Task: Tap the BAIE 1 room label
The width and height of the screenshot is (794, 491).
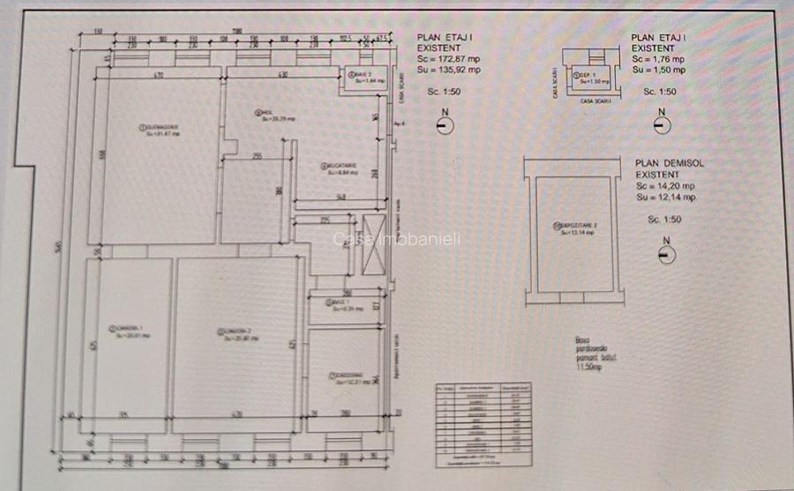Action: pos(344,306)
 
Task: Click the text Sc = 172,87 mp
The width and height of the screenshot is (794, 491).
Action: pos(449,58)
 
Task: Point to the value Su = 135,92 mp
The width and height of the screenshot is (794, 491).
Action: pos(449,69)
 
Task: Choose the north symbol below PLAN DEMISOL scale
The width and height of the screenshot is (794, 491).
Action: pos(666,256)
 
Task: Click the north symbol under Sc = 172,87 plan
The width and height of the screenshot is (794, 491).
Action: pos(446,125)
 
